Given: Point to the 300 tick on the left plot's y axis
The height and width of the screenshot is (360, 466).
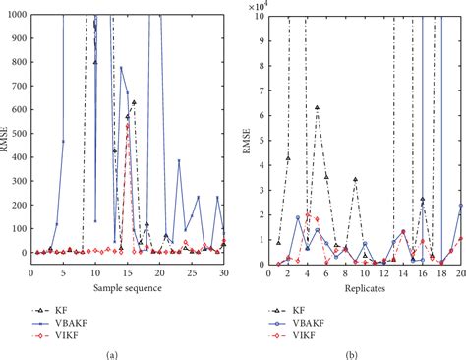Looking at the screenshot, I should pyautogui.click(x=22, y=181).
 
